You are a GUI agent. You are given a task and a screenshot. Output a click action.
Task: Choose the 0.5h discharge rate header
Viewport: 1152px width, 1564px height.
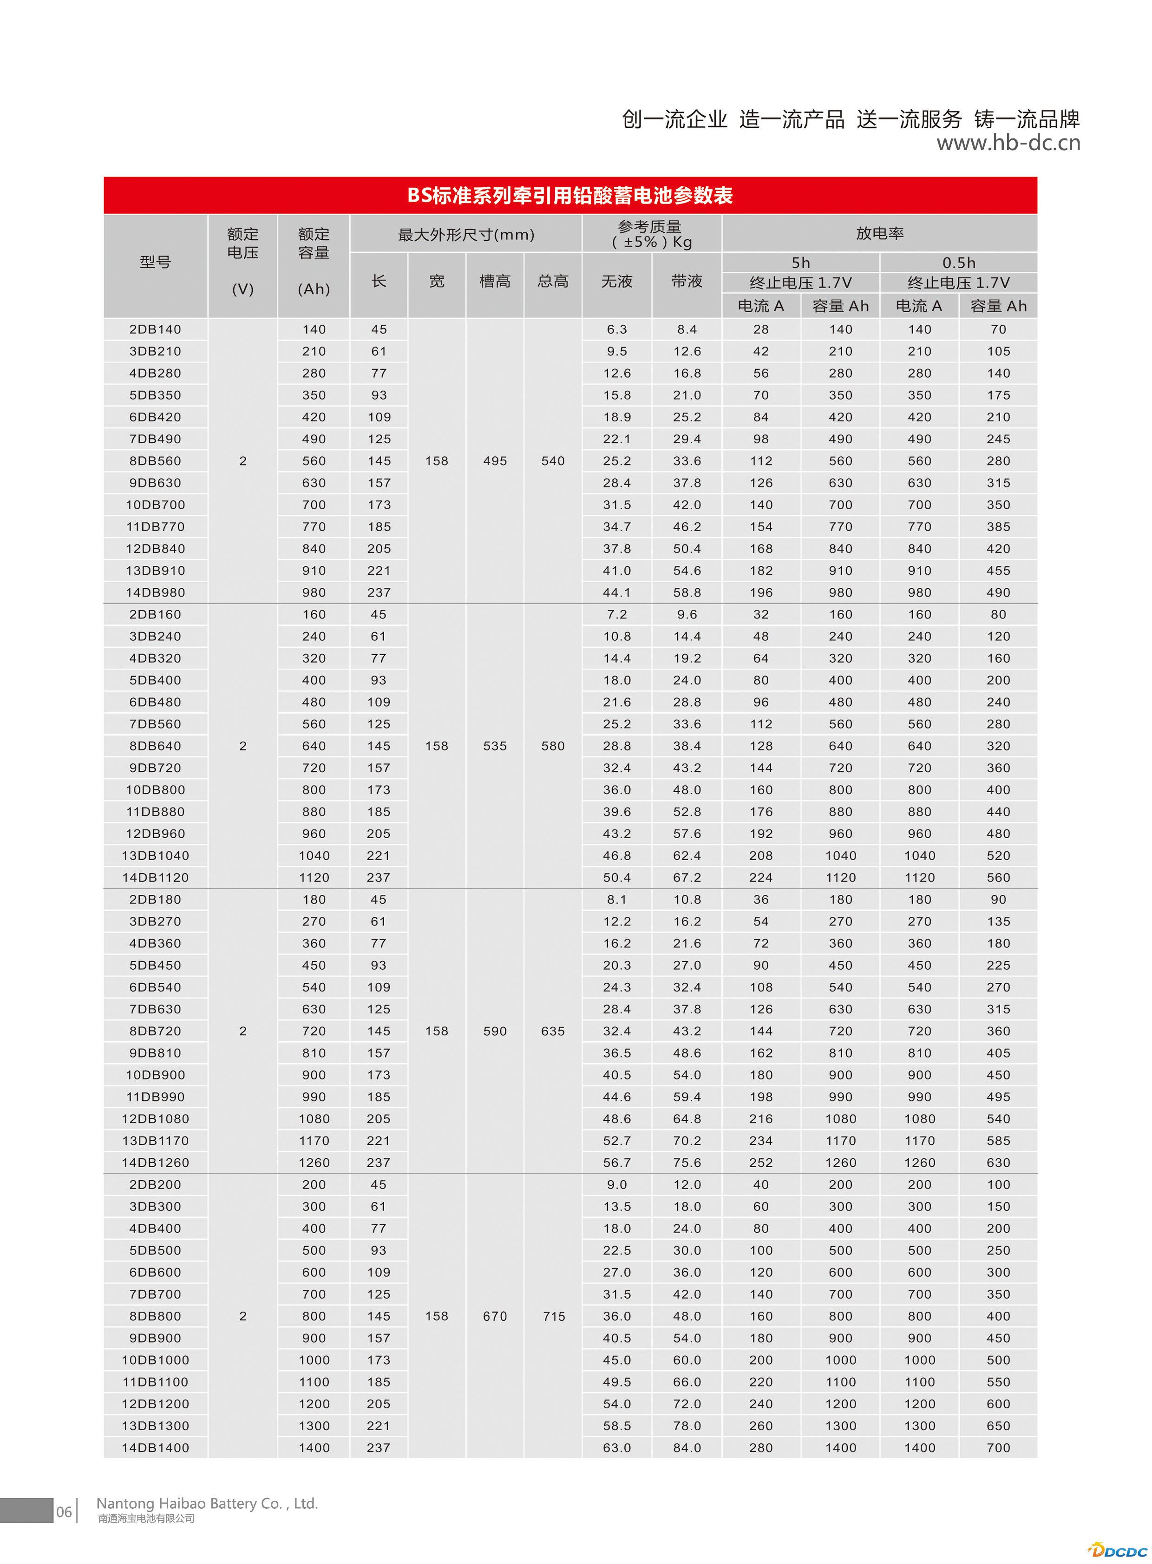click(958, 263)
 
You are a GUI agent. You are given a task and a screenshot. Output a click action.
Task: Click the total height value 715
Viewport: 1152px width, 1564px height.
click(554, 1316)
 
